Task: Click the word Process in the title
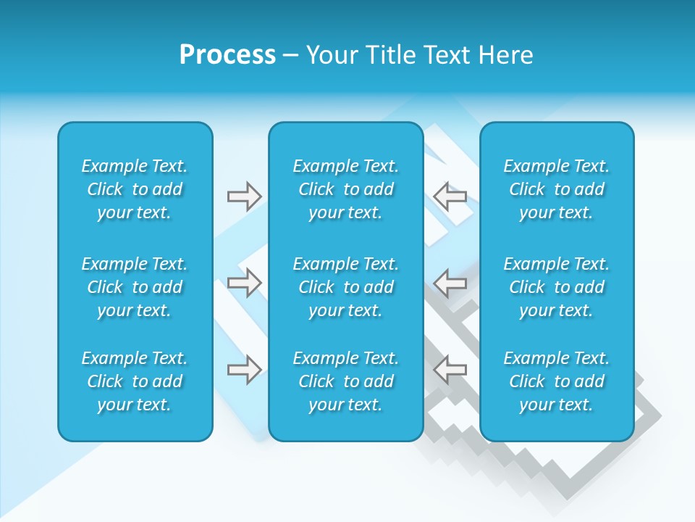point(227,55)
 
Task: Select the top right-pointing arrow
point(244,196)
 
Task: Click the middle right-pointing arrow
point(244,283)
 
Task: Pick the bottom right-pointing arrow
point(244,370)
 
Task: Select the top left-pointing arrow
point(450,196)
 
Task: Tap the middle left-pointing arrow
point(450,283)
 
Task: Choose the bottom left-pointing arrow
point(450,370)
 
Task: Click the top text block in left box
point(135,189)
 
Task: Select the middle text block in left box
point(135,287)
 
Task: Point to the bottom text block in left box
point(135,381)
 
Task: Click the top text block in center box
point(346,189)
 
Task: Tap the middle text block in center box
point(346,287)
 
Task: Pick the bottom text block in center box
point(346,381)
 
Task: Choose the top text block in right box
point(557,189)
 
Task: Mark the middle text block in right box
point(557,287)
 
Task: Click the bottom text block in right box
point(557,381)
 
